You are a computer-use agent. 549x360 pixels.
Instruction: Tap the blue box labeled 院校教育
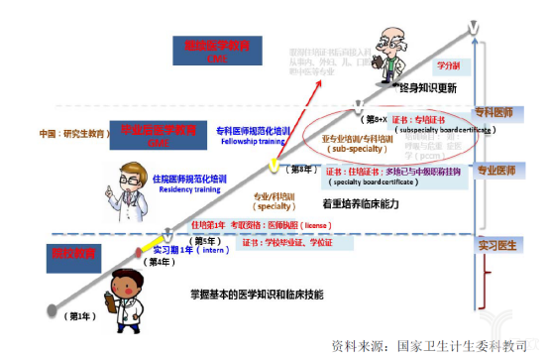click(x=73, y=254)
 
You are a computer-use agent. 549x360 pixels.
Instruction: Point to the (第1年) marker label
click(x=78, y=316)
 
